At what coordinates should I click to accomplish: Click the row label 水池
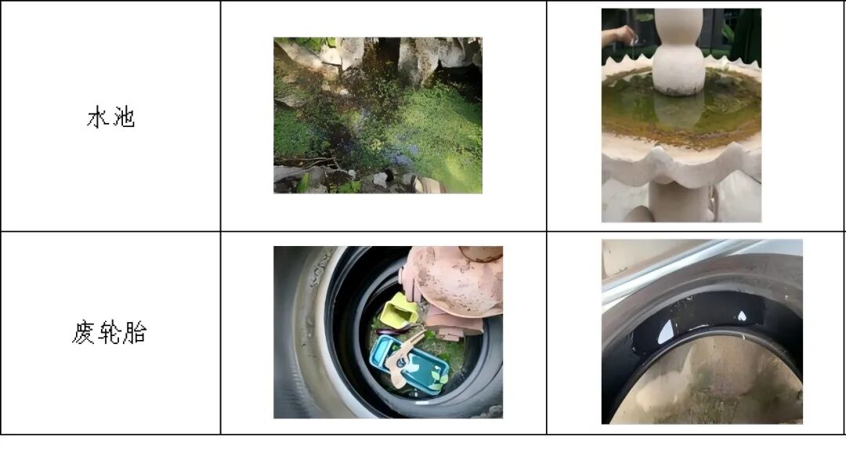click(110, 117)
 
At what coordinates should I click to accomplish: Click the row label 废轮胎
click(110, 332)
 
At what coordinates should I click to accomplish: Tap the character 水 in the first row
click(98, 117)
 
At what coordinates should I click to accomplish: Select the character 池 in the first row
click(124, 117)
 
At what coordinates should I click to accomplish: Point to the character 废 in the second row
click(84, 332)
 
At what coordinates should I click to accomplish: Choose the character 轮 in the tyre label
click(110, 332)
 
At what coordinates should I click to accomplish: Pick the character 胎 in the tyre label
click(135, 332)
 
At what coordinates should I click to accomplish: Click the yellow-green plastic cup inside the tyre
click(399, 310)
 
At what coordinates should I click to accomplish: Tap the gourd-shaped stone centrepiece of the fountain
click(678, 51)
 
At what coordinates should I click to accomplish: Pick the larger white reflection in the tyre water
click(666, 331)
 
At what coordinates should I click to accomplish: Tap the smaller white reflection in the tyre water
click(742, 317)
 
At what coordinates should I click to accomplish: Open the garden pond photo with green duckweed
click(378, 115)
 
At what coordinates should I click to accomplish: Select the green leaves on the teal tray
click(438, 378)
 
